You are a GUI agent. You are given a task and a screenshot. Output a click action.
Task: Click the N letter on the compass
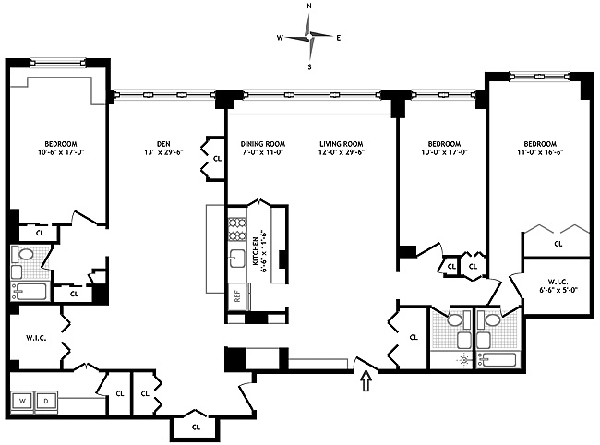tap(309, 6)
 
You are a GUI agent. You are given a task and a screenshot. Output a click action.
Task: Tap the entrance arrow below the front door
tap(366, 381)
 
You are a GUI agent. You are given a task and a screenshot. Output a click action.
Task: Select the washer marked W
tap(23, 402)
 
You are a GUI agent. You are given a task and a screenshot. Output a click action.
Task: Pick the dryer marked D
tap(46, 402)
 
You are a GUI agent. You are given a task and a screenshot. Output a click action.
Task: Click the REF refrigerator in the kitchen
tap(237, 296)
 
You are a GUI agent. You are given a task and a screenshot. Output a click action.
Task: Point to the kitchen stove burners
tap(237, 230)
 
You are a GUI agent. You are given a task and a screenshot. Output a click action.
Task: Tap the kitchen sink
tap(237, 259)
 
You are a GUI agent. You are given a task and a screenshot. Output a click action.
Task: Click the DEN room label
tap(163, 144)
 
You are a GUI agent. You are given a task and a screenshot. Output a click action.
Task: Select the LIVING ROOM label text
tap(342, 144)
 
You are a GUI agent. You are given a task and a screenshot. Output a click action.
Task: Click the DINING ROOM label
tap(263, 144)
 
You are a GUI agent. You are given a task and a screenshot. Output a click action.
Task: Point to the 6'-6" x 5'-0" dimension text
tap(558, 290)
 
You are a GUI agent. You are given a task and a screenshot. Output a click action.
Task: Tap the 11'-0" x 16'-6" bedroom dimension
tap(540, 152)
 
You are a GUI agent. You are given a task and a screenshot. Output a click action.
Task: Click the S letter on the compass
tap(309, 67)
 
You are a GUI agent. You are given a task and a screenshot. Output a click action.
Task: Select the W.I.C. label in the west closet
tap(36, 338)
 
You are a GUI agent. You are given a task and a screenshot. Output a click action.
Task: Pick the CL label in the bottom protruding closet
tap(196, 427)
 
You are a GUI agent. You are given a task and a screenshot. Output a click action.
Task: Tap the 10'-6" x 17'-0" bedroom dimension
tap(61, 152)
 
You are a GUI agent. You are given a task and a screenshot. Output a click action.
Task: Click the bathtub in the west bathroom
tap(30, 292)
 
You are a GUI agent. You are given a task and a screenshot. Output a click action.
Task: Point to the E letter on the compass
tap(338, 38)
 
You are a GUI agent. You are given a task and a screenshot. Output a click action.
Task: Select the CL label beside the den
tap(217, 159)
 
